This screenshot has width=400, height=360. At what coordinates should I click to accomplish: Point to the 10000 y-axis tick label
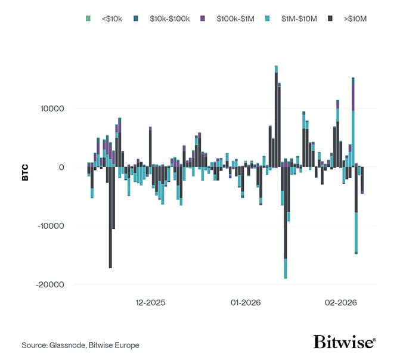pyautogui.click(x=52, y=109)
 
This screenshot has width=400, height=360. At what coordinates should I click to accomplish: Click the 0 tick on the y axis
pyautogui.click(x=60, y=167)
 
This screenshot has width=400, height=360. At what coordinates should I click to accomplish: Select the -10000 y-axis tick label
pyautogui.click(x=51, y=226)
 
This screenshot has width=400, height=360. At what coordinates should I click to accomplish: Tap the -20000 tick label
pyautogui.click(x=51, y=284)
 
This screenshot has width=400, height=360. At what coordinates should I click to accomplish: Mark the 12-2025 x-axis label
pyautogui.click(x=150, y=303)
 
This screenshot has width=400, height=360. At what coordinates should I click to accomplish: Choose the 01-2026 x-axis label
pyautogui.click(x=246, y=303)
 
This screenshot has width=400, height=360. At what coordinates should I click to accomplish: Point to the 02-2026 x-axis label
pyautogui.click(x=340, y=303)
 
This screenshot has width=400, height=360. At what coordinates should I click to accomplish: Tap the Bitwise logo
pyautogui.click(x=344, y=342)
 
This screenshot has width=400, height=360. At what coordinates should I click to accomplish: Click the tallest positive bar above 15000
pyautogui.click(x=276, y=119)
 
